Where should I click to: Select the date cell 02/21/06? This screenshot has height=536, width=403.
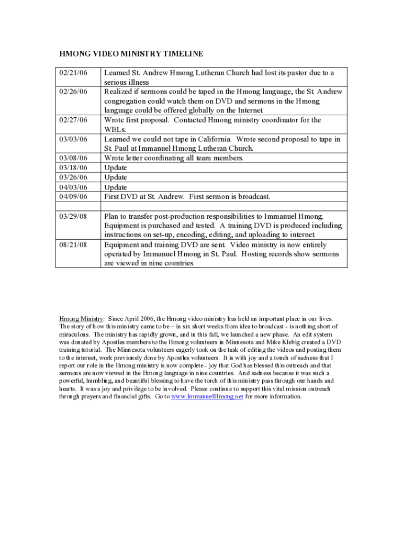pos(73,73)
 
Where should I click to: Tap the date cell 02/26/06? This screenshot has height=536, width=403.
pos(73,92)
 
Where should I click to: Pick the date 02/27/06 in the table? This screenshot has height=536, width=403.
pos(73,120)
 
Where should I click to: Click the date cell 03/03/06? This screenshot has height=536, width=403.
pos(73,139)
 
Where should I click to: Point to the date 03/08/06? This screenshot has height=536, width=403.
pos(73,158)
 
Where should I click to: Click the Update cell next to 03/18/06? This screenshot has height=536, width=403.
pos(116,168)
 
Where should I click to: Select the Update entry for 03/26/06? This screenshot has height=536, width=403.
pos(116,177)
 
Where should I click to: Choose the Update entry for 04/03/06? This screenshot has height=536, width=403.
pos(116,187)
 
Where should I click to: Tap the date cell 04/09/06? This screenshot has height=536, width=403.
pos(73,197)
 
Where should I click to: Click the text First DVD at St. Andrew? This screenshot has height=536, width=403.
pos(144,197)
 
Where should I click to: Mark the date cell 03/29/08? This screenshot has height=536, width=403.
pos(73,216)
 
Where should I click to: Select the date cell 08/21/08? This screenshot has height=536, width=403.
pos(73,245)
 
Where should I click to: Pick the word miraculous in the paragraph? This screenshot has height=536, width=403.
pos(74,334)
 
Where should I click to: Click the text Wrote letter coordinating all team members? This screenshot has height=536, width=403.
pos(174,158)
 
